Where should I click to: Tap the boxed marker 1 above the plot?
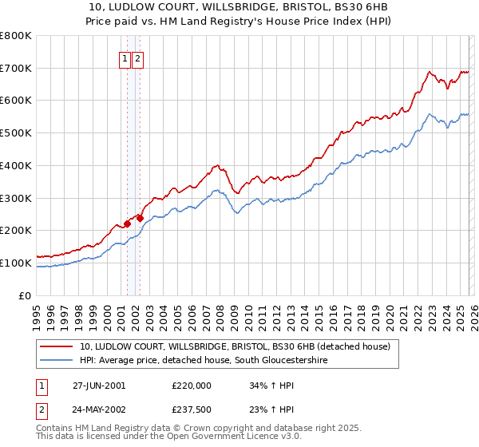(125, 58)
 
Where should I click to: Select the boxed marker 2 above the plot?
(137, 58)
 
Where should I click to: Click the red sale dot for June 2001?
(127, 223)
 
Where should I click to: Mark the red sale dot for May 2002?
(140, 218)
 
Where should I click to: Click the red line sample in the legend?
(57, 347)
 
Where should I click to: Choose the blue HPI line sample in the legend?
(57, 361)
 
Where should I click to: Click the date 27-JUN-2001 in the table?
(98, 385)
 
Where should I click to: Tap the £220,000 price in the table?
(192, 385)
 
